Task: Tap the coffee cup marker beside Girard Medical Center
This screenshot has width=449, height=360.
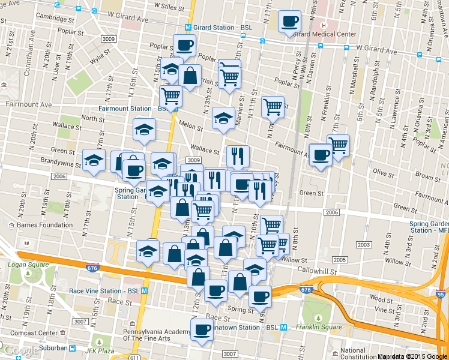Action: (290, 22)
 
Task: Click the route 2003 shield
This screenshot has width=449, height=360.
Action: (363, 245)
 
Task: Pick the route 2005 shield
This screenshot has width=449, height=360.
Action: (340, 260)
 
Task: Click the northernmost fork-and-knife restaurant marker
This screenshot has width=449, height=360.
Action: (238, 157)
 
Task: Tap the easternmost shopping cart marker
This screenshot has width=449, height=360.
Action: (338, 146)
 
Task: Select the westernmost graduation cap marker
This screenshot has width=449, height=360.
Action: (94, 161)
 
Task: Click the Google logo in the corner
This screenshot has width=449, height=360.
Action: (21, 351)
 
